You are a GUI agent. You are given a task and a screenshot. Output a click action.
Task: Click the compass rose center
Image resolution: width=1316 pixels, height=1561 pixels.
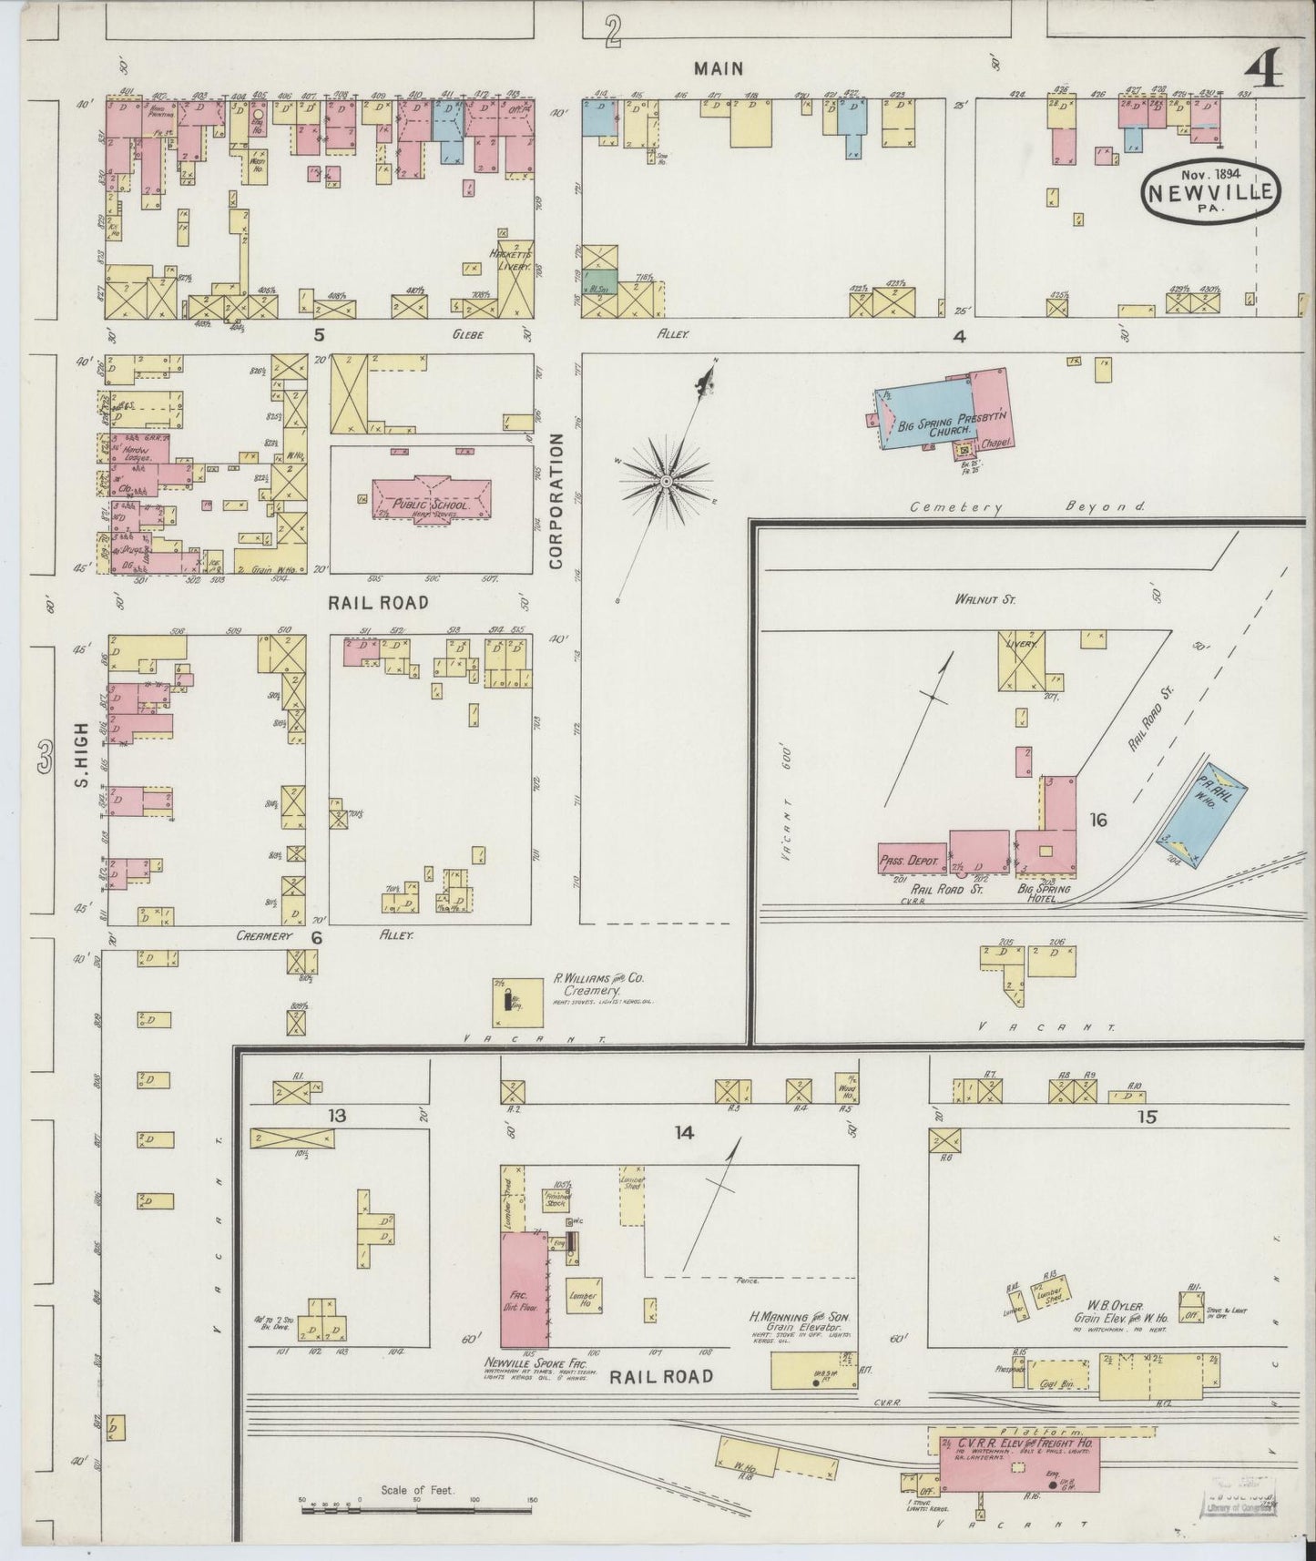pos(667,479)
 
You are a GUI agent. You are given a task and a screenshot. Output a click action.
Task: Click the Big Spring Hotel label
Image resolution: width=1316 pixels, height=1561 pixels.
pos(1045,893)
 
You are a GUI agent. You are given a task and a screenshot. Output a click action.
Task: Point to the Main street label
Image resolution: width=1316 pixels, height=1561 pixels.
pos(719,68)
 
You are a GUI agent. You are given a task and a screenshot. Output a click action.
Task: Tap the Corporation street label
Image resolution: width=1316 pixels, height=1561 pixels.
pos(556,501)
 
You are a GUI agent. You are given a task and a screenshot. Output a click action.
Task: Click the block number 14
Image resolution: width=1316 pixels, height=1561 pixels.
pos(684,1132)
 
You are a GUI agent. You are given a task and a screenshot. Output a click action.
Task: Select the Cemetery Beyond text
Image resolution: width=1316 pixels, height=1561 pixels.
pos(1027,507)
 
